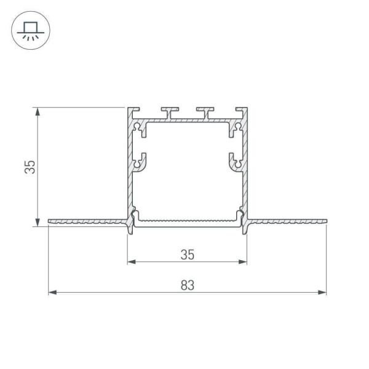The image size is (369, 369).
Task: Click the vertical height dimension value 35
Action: pyautogui.click(x=30, y=167)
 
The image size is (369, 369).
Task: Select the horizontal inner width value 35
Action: pyautogui.click(x=187, y=253)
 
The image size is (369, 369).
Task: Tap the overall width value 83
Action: pyautogui.click(x=187, y=285)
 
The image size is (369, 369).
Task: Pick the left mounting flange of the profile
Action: pyautogui.click(x=86, y=220)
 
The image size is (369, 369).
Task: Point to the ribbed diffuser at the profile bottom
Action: pyautogui.click(x=187, y=220)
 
